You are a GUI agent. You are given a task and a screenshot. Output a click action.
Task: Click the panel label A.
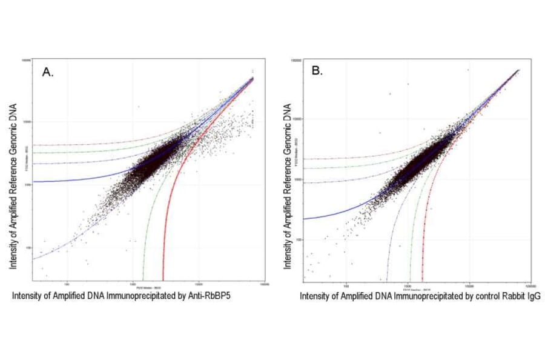(x=48, y=73)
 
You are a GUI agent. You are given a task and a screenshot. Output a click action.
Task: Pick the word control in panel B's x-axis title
(x=469, y=296)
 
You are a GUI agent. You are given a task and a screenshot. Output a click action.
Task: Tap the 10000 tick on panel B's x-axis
(x=469, y=284)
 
